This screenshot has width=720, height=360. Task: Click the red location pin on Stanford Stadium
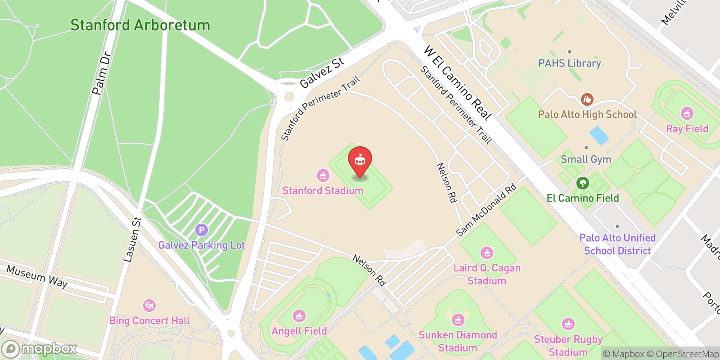[360, 160]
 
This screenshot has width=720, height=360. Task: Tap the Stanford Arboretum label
[140, 25]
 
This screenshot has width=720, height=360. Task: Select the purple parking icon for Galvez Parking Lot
[201, 230]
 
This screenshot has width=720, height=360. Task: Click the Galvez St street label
[322, 73]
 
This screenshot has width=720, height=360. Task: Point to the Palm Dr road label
[101, 74]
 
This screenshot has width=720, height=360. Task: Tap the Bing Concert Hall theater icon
[149, 306]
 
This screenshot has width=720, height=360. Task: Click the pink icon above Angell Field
[299, 316]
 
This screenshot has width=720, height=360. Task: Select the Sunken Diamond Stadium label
[458, 341]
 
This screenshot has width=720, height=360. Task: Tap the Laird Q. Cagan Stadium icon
[486, 253]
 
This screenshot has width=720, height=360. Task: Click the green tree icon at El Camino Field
[583, 183]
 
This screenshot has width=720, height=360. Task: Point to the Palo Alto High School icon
[587, 99]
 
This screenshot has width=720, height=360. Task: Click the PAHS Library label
[570, 63]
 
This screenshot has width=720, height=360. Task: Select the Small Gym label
[586, 159]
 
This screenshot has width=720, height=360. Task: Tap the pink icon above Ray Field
[687, 113]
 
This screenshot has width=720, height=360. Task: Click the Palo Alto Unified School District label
[617, 244]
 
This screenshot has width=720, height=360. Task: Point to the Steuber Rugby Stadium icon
[568, 324]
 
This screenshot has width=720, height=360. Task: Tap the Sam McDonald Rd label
[486, 210]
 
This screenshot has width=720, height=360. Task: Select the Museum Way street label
[37, 276]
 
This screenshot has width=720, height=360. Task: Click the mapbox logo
[40, 349]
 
